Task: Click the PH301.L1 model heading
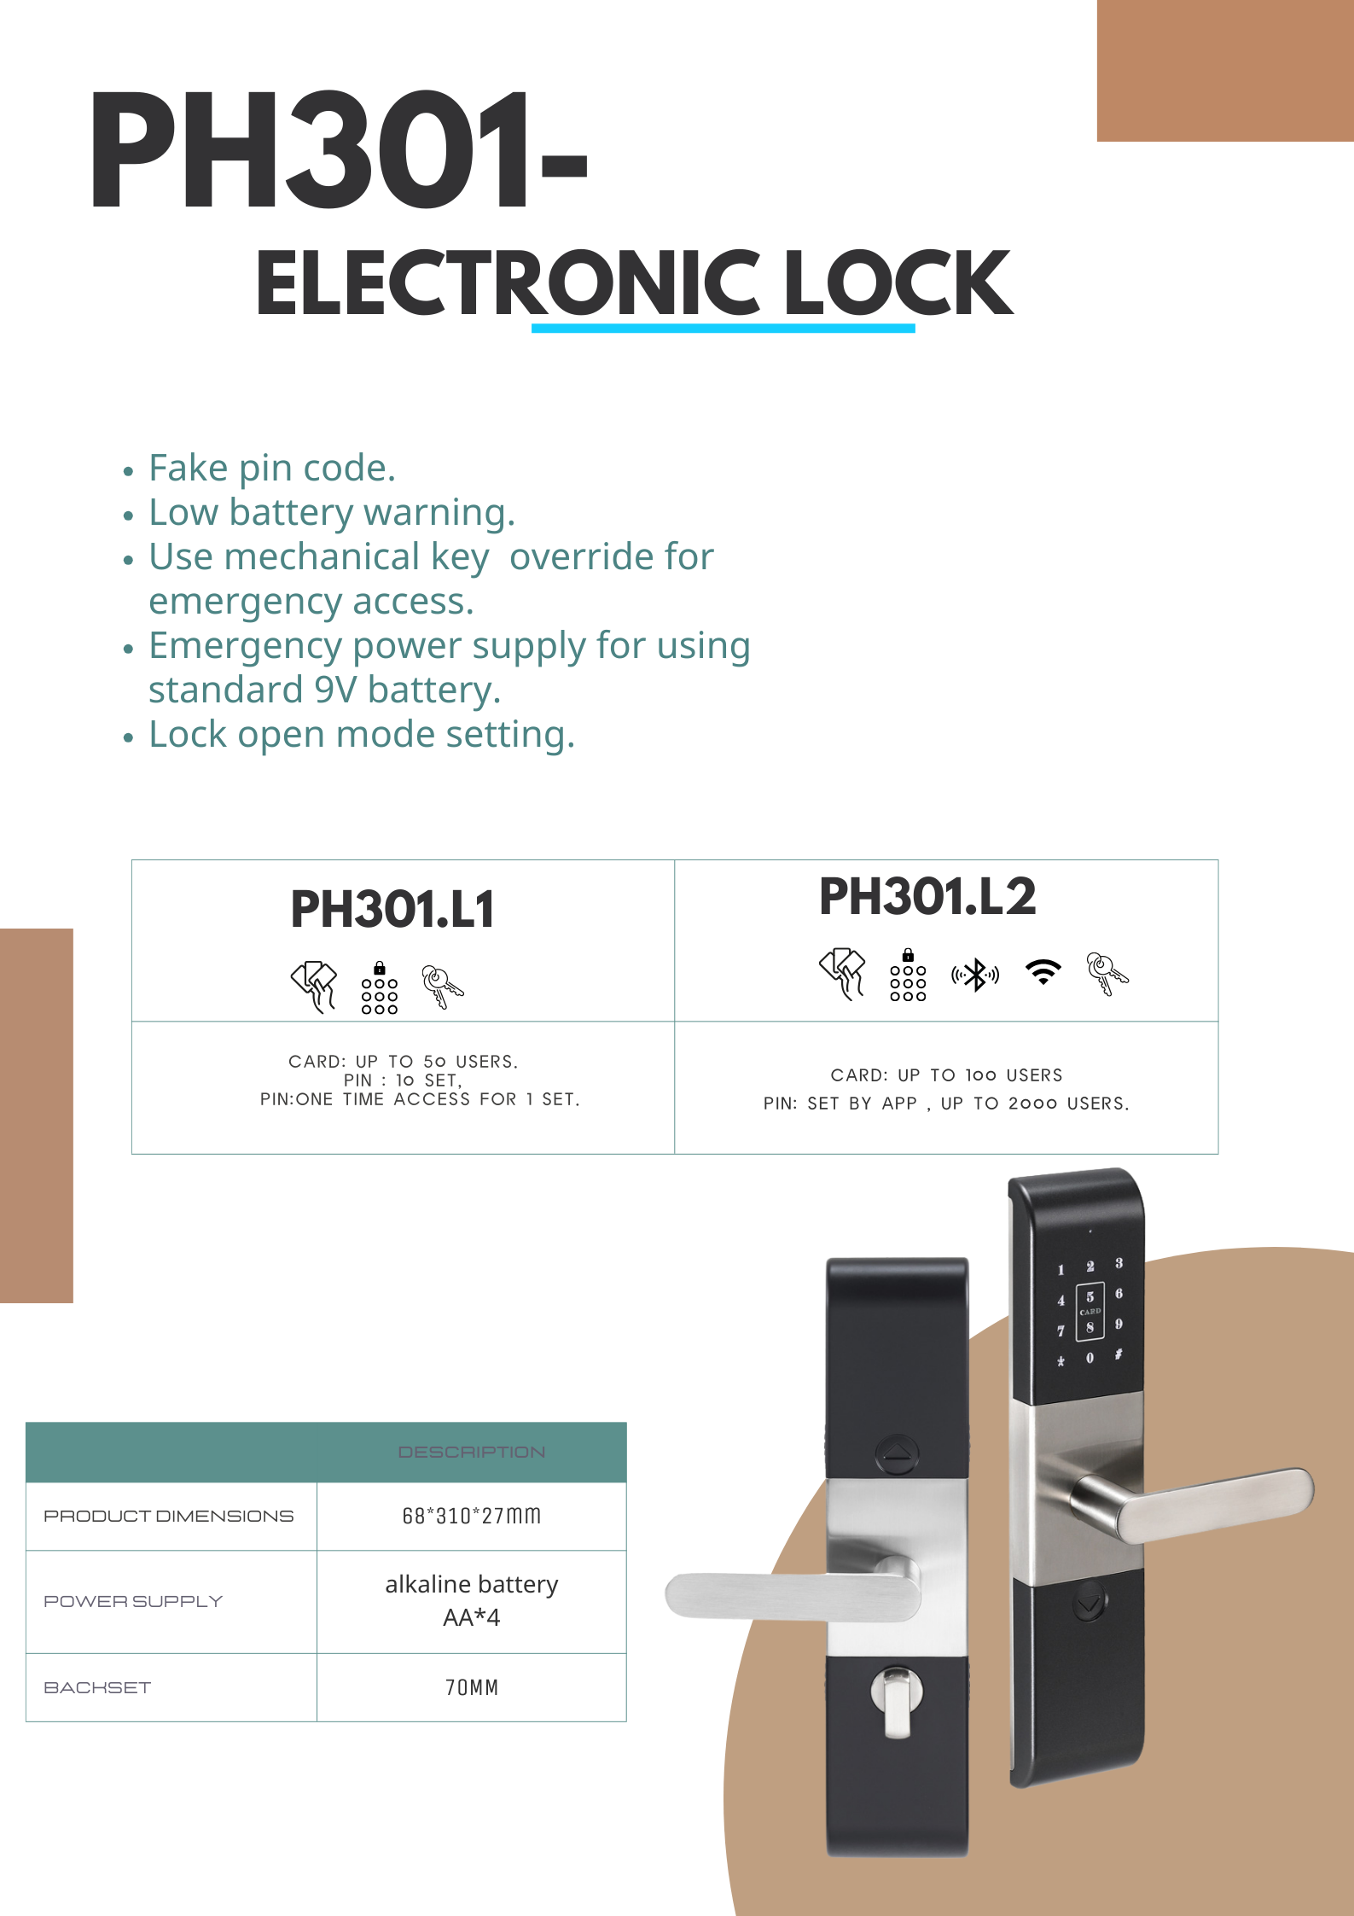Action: tap(392, 909)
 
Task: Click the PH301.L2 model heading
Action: tap(927, 896)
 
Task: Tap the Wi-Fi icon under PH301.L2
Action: tap(1043, 972)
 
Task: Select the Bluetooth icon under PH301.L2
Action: tap(975, 975)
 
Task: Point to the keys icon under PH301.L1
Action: tap(442, 987)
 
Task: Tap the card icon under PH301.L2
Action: tap(842, 973)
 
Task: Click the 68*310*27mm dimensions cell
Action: tap(471, 1516)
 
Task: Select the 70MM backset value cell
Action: tap(471, 1687)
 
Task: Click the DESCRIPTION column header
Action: tap(471, 1452)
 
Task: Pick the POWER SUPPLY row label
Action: tap(133, 1601)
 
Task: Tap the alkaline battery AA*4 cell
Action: tap(471, 1600)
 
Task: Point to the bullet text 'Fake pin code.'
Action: tap(271, 468)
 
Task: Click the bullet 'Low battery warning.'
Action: tap(331, 512)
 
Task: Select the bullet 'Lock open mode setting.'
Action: tap(361, 734)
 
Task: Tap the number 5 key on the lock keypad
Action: tap(1090, 1296)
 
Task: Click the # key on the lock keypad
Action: tap(1119, 1354)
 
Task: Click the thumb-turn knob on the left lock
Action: tap(896, 1700)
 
